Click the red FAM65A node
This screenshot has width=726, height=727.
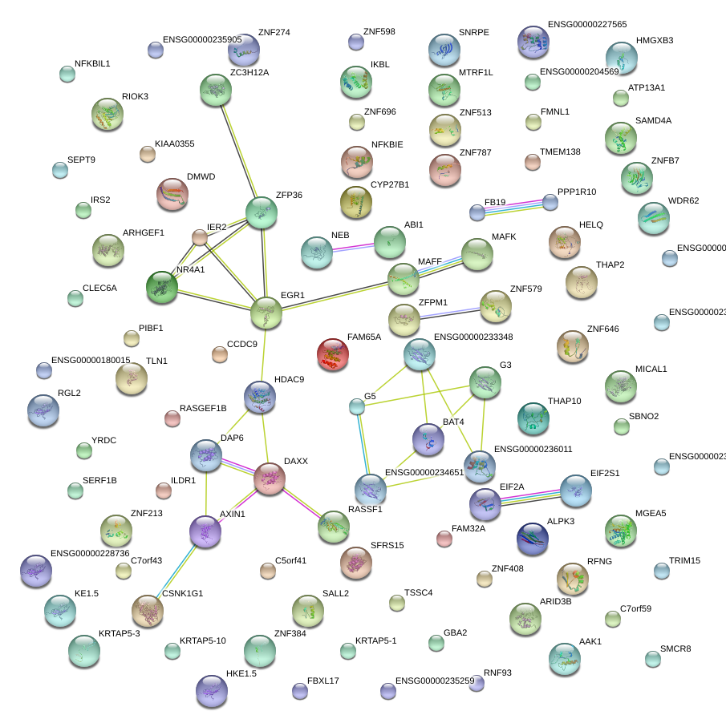pyautogui.click(x=333, y=354)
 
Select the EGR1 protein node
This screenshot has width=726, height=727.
pyautogui.click(x=266, y=313)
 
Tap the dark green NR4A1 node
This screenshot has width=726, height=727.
pyautogui.click(x=162, y=288)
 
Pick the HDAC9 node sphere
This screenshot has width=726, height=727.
pyautogui.click(x=259, y=397)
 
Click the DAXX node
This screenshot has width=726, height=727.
pyautogui.click(x=270, y=479)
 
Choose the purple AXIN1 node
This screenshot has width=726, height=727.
pyautogui.click(x=205, y=531)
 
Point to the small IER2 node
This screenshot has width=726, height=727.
pyautogui.click(x=200, y=236)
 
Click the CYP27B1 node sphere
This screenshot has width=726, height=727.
pyautogui.click(x=355, y=203)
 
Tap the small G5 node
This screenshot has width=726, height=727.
pyautogui.click(x=357, y=407)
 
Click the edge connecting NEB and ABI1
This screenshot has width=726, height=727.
pyautogui.click(x=353, y=248)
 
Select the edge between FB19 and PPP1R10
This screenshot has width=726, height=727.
pyautogui.click(x=513, y=207)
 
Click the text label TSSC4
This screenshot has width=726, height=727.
pyautogui.click(x=418, y=593)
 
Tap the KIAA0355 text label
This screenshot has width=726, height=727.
pyautogui.click(x=174, y=144)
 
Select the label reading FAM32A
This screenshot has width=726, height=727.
pyautogui.click(x=468, y=529)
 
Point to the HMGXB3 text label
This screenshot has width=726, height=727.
pyautogui.click(x=655, y=40)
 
